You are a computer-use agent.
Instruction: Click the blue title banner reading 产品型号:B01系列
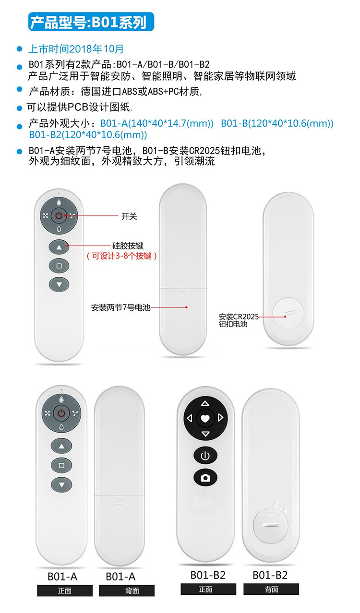point(91,22)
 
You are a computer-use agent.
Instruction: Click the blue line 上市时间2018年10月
point(76,49)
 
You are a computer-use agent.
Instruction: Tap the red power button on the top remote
point(59,216)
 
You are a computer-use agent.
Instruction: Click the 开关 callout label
point(129,216)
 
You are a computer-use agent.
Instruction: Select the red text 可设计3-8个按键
point(122,256)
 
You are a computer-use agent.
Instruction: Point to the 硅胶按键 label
point(128,246)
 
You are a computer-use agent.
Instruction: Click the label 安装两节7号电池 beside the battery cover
point(121,307)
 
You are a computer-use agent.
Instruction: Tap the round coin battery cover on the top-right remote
point(288,313)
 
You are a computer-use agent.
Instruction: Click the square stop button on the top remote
point(59,266)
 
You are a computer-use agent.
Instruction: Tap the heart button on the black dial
point(205,418)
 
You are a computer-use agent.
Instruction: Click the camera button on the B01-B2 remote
point(205,478)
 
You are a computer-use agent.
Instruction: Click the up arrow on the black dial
point(205,403)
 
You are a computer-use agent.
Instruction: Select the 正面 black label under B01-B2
point(208,589)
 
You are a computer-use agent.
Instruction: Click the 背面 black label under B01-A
point(127,590)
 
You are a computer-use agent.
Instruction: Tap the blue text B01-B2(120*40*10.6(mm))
point(88,135)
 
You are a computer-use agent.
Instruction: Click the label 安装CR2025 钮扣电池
point(239,320)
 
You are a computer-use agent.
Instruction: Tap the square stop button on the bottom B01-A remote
point(61,465)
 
